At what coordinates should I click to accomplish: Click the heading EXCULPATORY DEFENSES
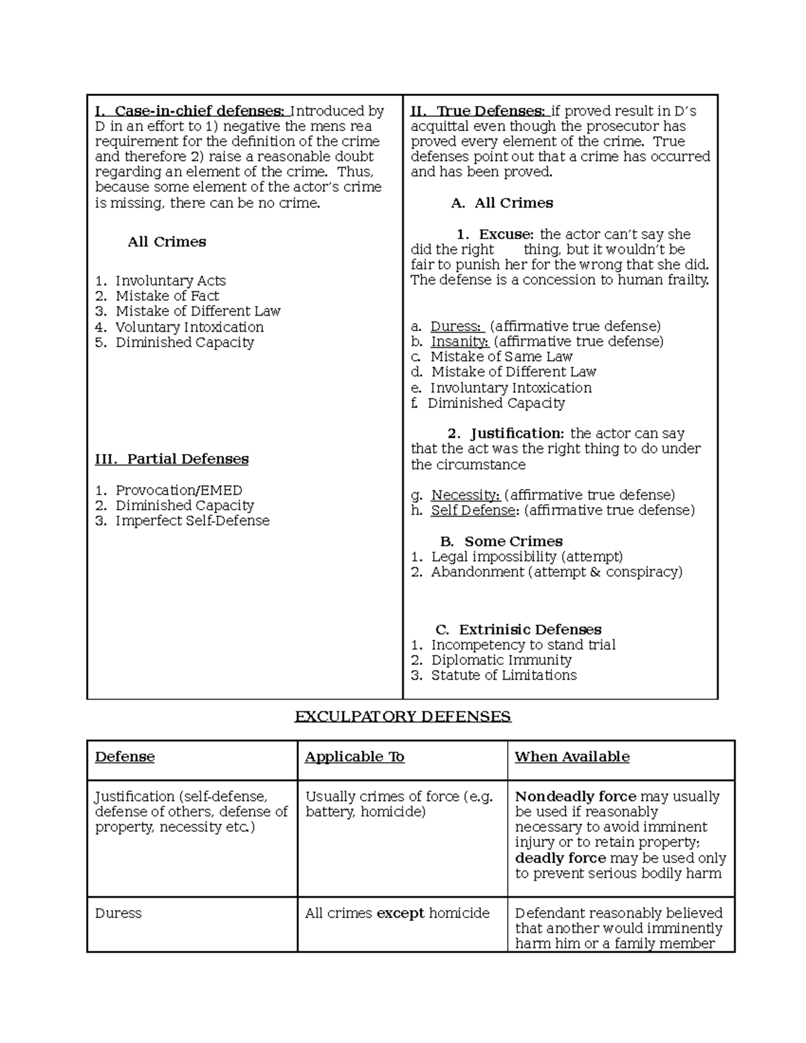pos(403,717)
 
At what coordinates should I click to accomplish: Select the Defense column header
pos(125,757)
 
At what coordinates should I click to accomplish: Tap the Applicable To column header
pos(355,757)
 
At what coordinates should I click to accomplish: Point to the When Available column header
pos(572,757)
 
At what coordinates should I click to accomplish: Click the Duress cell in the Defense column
pos(118,913)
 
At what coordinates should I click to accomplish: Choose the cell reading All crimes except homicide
pos(397,913)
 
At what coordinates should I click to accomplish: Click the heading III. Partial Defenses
pos(172,459)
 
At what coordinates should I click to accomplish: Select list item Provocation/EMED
pos(179,490)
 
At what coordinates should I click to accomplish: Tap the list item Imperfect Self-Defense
pos(192,521)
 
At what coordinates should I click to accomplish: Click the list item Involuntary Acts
pos(171,281)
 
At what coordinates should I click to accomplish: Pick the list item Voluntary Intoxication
pos(189,327)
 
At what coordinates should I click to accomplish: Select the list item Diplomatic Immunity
pos(501,660)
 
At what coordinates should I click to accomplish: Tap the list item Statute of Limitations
pos(504,676)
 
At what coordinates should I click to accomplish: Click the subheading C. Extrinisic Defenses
pos(518,630)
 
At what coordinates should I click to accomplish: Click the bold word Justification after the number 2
pos(517,434)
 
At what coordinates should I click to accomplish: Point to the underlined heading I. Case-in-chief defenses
pos(191,111)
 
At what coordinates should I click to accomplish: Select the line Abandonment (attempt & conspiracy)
pos(556,572)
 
